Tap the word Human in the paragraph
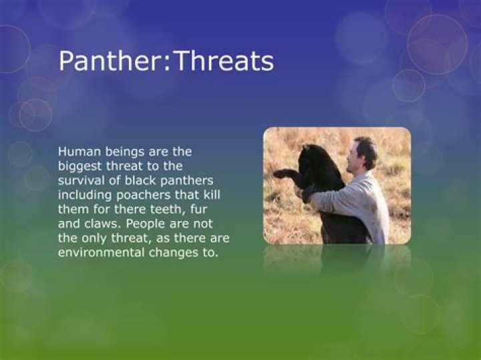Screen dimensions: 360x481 [x=77, y=153]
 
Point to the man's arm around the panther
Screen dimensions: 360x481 [x=334, y=197]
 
